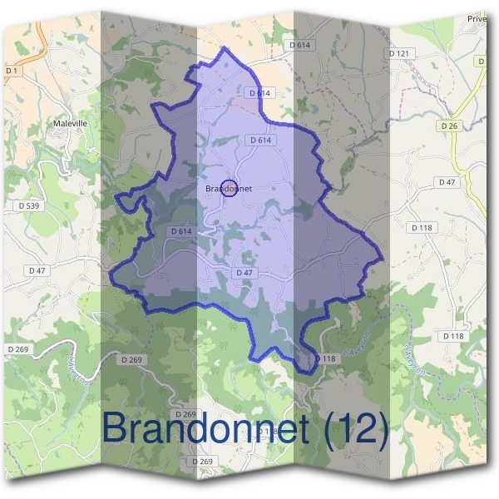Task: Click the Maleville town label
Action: point(70,123)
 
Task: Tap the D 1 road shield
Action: point(11,72)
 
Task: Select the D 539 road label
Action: point(27,205)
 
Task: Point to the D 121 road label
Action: point(400,53)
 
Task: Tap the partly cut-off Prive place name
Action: point(477,18)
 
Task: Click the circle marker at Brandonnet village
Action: point(230,188)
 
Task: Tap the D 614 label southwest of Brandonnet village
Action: point(180,231)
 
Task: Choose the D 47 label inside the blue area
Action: point(244,273)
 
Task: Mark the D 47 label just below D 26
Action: point(447,182)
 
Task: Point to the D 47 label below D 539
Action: point(37,270)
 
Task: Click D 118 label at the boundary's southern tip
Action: point(324,358)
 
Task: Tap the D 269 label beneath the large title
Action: point(202,461)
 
